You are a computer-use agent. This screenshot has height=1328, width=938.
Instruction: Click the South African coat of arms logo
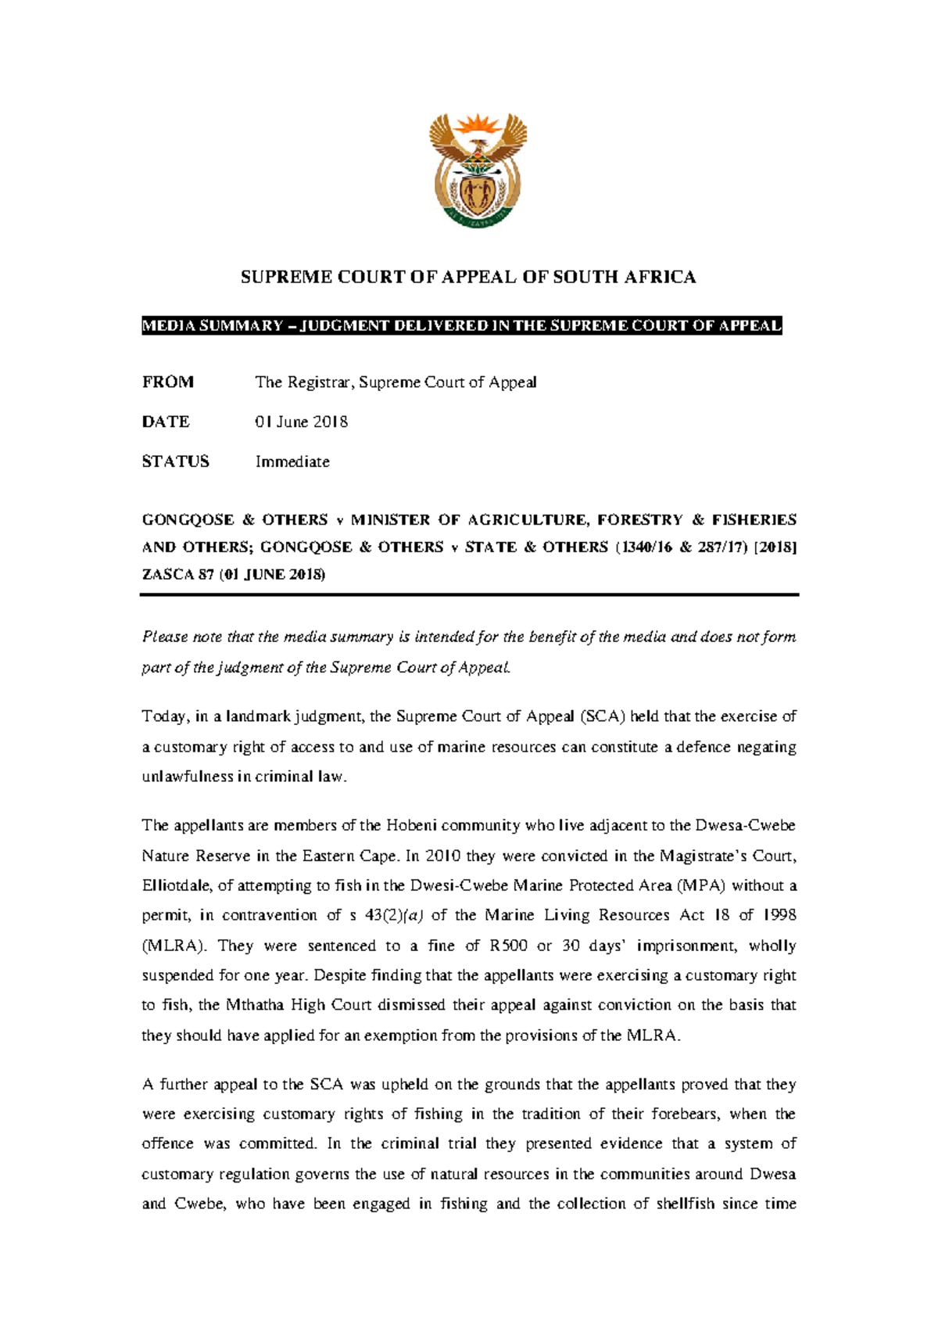pyautogui.click(x=478, y=170)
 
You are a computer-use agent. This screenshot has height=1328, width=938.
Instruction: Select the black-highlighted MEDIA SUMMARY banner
pyautogui.click(x=461, y=326)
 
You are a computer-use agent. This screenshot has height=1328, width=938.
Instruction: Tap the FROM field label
pyautogui.click(x=167, y=382)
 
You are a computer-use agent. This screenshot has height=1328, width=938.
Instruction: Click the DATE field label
pyautogui.click(x=165, y=422)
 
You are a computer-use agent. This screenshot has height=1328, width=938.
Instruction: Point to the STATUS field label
pyautogui.click(x=175, y=461)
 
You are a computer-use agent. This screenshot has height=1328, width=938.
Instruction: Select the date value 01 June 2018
pyautogui.click(x=301, y=422)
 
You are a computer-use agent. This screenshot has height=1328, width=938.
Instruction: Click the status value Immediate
pyautogui.click(x=292, y=461)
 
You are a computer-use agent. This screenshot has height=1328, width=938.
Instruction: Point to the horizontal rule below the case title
pyautogui.click(x=469, y=595)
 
